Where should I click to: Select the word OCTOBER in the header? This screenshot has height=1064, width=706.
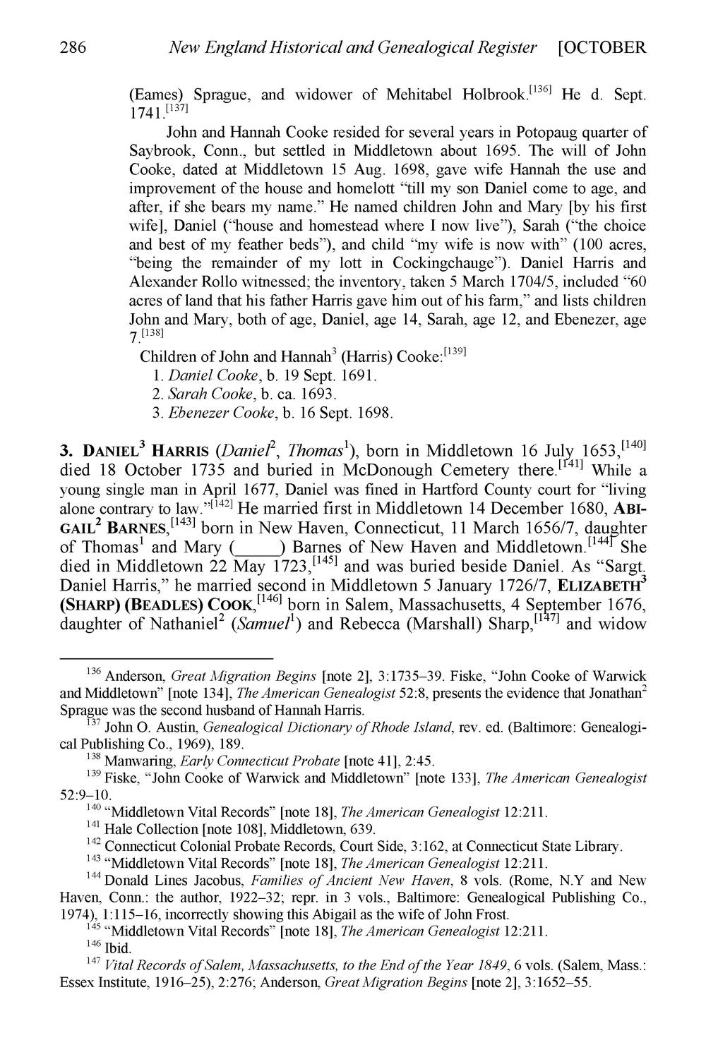tap(606, 48)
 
